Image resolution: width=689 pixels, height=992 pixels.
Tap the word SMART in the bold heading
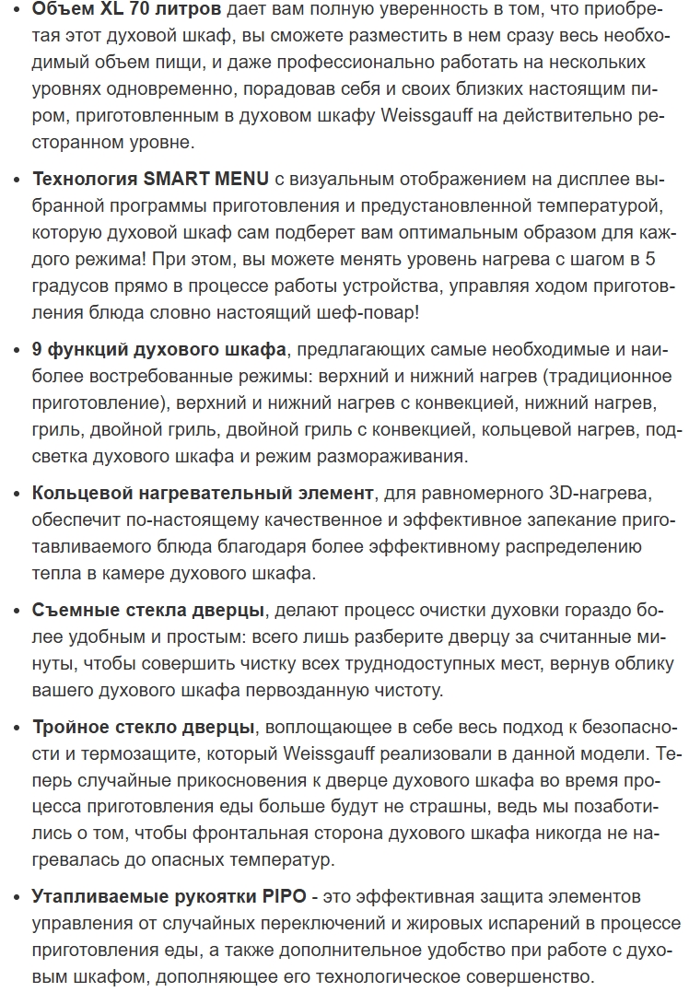177,179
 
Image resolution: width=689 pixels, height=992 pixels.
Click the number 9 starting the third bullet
37,350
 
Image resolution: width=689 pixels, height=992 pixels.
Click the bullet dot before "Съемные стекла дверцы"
17,611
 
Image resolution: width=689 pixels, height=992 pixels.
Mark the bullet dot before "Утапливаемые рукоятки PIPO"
17,895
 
